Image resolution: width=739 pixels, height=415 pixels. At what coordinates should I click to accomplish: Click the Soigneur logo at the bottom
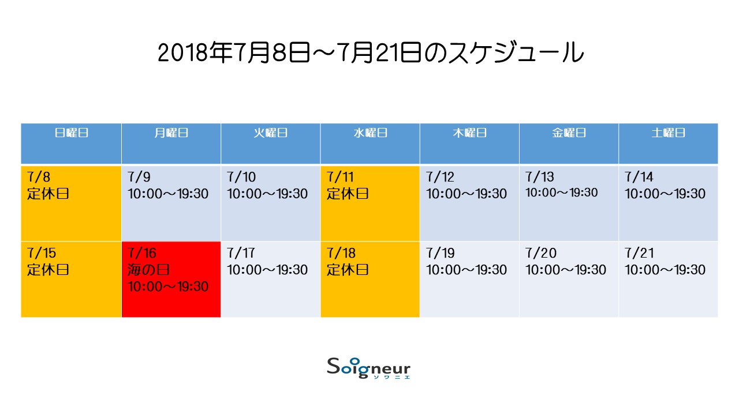(x=368, y=368)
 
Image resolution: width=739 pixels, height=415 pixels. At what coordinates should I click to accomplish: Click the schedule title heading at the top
(x=370, y=52)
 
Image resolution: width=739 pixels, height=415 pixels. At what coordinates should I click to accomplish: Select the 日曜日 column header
(x=71, y=133)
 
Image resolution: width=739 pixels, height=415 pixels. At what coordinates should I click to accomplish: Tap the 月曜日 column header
(x=171, y=133)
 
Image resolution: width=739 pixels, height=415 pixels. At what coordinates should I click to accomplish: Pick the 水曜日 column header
(x=370, y=133)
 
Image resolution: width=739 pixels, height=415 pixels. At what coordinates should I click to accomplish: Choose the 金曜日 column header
(x=569, y=133)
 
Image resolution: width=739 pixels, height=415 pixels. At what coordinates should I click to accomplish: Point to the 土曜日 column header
(x=669, y=133)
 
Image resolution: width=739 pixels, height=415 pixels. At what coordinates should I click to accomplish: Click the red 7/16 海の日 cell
(x=171, y=280)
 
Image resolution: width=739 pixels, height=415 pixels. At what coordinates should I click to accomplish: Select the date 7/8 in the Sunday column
(x=39, y=177)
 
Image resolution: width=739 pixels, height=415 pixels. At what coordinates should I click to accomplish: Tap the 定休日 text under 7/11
(x=348, y=194)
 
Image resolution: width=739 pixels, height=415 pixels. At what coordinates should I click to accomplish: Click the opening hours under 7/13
(x=561, y=193)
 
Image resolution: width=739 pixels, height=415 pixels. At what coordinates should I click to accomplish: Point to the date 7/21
(x=639, y=253)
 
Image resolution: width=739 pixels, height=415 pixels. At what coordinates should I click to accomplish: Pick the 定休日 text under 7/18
(x=348, y=270)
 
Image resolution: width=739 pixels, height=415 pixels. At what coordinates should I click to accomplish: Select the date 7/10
(x=241, y=177)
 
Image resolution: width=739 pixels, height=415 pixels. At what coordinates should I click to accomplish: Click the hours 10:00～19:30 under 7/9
(x=168, y=194)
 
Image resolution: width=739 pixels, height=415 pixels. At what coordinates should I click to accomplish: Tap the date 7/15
(x=42, y=253)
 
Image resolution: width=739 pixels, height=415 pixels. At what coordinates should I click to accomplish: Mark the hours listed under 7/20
(x=565, y=270)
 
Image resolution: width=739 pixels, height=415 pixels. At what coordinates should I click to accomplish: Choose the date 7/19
(x=440, y=253)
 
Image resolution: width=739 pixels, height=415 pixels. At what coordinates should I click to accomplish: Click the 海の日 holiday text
(x=148, y=270)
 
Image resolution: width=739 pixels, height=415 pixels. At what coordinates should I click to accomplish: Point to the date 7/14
(x=639, y=177)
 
